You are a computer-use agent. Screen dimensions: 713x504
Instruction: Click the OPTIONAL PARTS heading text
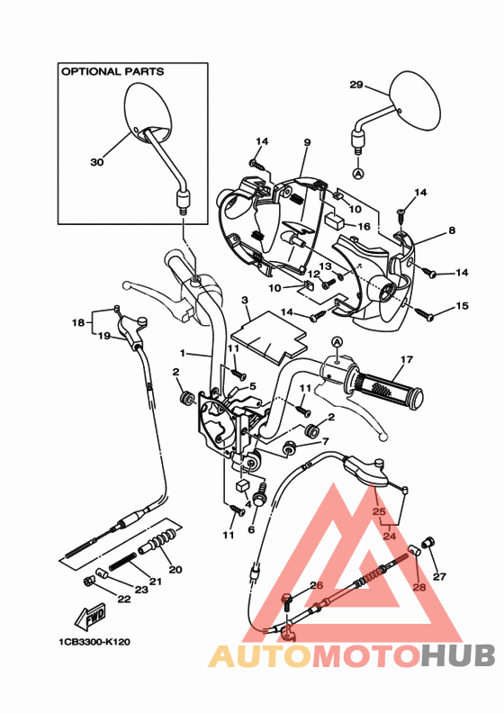click(x=112, y=70)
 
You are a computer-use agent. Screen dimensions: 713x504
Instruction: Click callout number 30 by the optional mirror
click(x=97, y=163)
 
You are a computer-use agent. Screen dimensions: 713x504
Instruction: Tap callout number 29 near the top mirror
click(x=355, y=86)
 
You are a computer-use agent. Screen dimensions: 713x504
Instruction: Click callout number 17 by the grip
click(x=406, y=360)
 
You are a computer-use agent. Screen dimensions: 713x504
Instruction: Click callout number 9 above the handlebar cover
click(x=307, y=143)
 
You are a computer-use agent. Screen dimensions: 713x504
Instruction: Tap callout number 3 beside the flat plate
click(x=244, y=299)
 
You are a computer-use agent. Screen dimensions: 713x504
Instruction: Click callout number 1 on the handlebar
click(x=182, y=353)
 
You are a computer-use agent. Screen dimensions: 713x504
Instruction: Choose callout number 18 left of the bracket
click(x=78, y=322)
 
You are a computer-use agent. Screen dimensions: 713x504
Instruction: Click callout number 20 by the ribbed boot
click(x=175, y=569)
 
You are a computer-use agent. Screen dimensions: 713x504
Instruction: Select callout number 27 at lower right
click(x=439, y=576)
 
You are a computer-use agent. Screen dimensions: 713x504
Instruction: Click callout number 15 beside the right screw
click(x=463, y=306)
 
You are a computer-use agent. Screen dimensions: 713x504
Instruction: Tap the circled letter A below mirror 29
click(x=357, y=172)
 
